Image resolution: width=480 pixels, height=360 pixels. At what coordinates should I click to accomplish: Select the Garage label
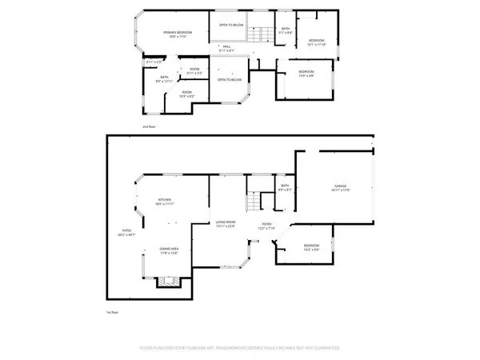[340, 186]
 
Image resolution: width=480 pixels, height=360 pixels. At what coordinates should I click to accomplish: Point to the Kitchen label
[165, 200]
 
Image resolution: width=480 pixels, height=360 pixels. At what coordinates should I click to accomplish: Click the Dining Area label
[168, 249]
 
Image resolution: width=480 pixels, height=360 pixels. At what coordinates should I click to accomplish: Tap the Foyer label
[266, 225]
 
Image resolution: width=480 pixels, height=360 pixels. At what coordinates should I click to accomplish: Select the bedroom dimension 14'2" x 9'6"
[310, 250]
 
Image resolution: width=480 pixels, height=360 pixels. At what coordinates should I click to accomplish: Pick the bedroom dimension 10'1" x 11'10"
[318, 44]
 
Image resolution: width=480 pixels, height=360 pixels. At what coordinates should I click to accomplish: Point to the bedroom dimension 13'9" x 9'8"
[306, 76]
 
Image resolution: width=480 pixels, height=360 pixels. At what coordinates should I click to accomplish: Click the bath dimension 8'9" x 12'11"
[164, 81]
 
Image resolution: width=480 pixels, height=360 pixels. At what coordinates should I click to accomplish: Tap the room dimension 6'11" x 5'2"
[194, 73]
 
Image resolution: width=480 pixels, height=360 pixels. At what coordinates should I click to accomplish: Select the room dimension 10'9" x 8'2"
[186, 96]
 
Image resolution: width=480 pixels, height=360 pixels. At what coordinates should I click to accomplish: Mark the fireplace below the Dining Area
[167, 282]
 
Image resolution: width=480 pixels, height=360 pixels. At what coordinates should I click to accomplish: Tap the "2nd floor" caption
[149, 127]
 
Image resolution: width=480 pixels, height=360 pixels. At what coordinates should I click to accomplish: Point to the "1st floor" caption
[113, 312]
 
